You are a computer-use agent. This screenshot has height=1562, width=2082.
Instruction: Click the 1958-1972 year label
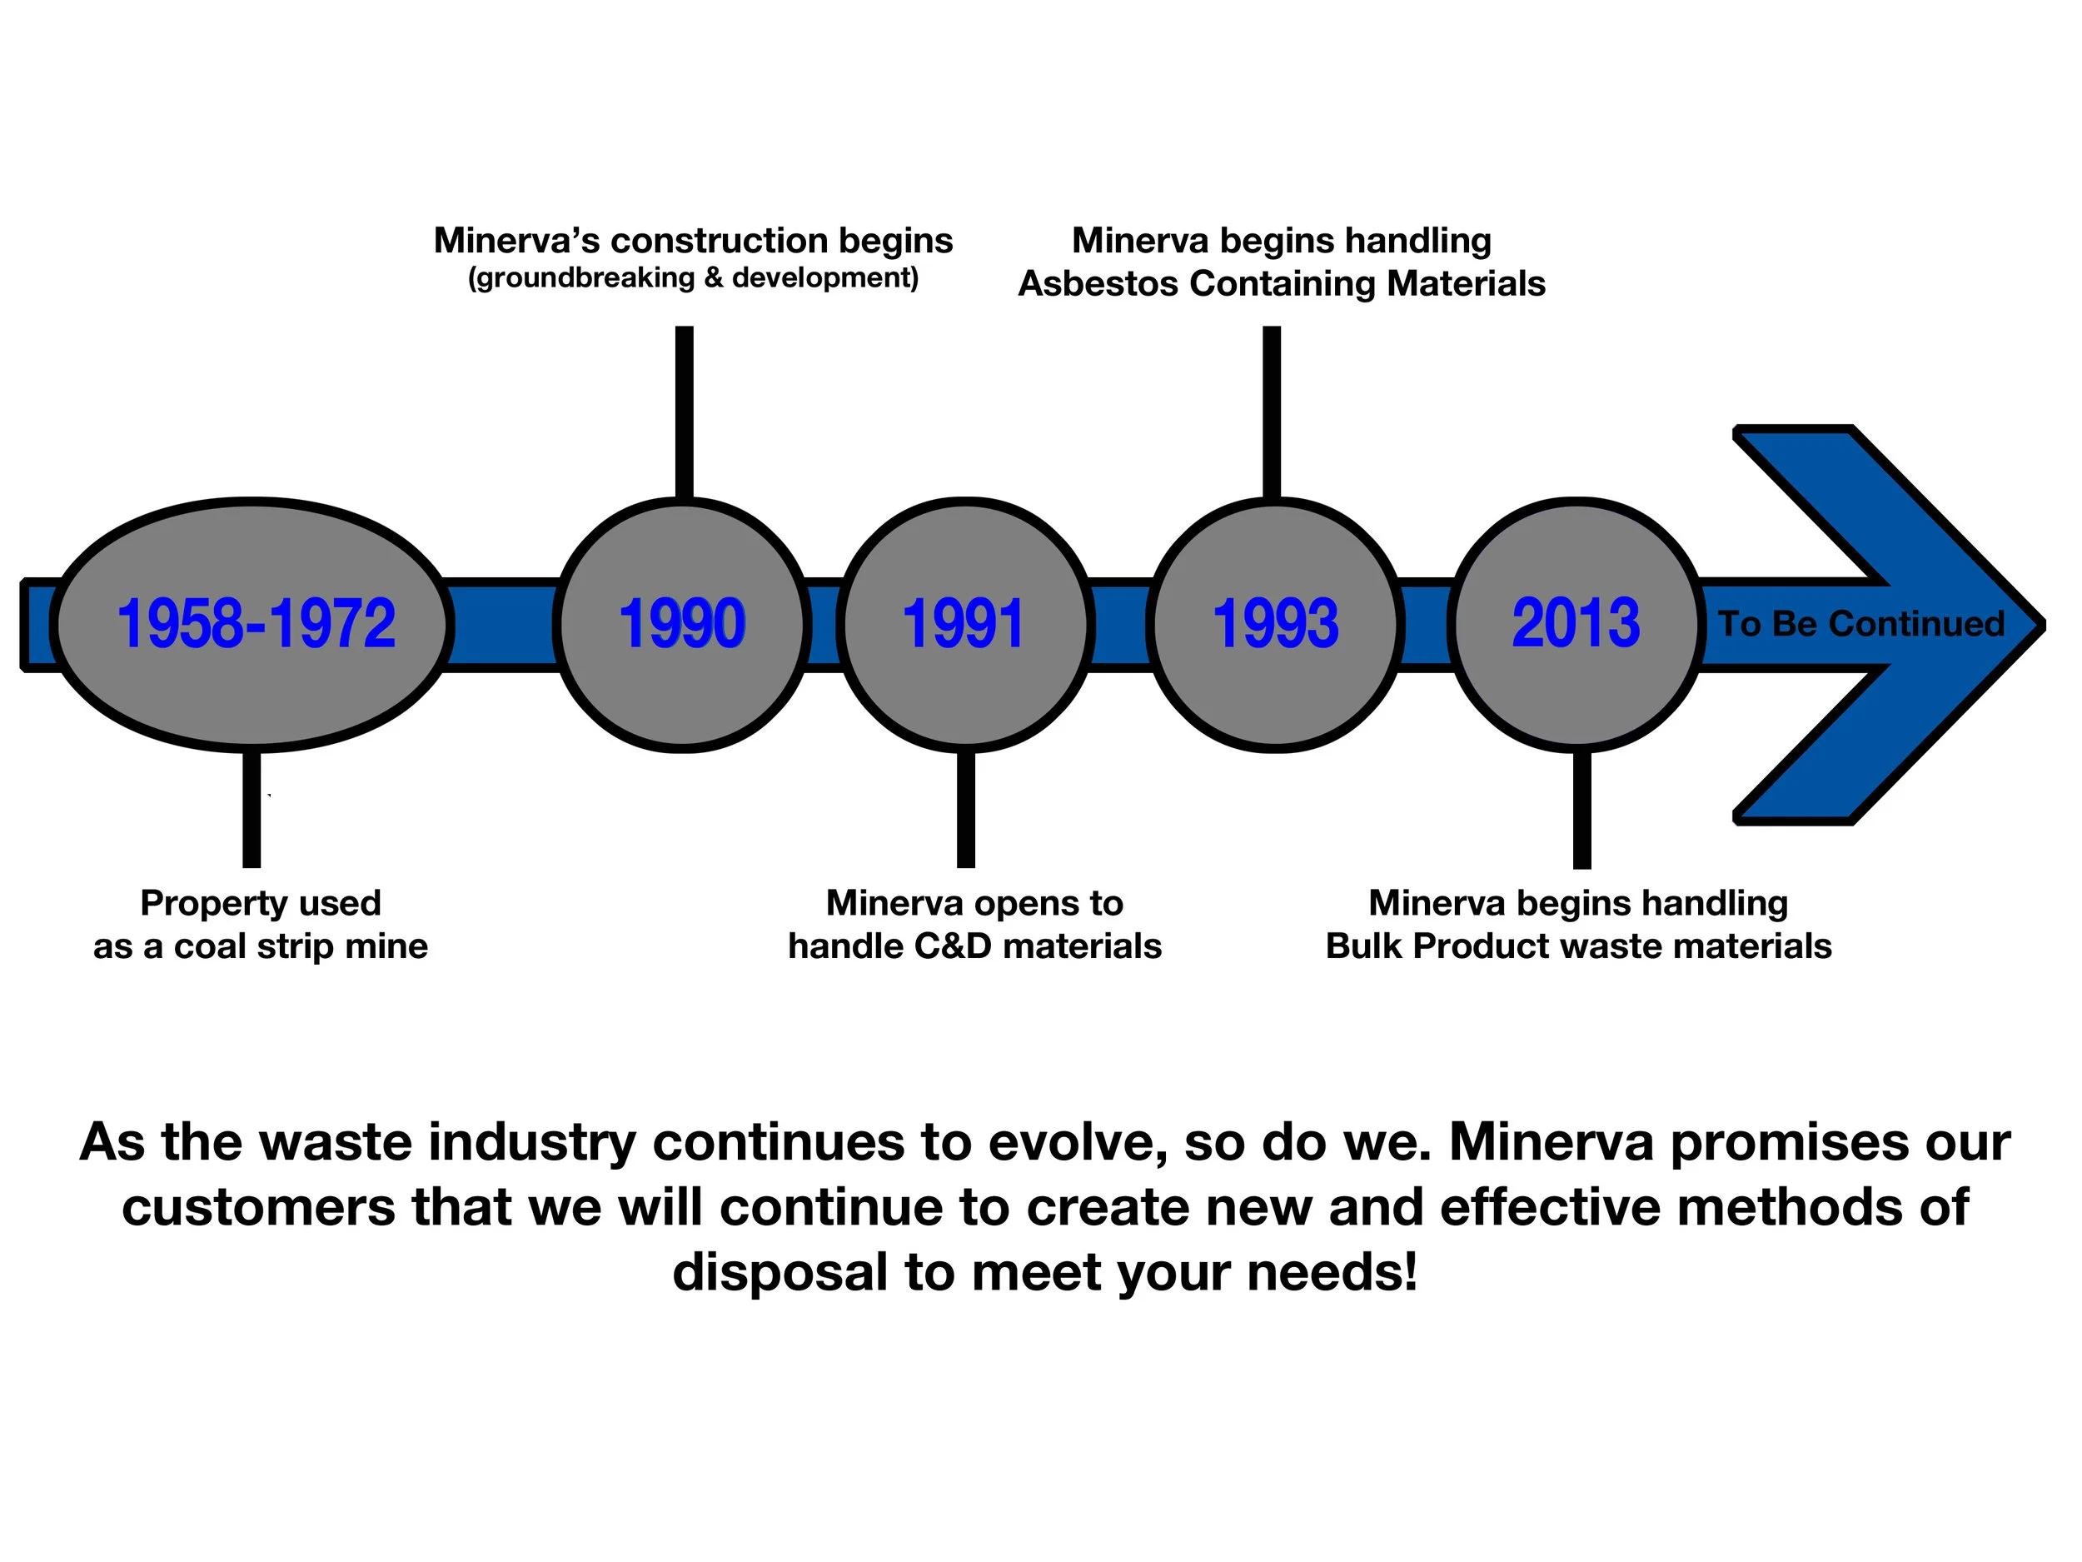[x=256, y=623]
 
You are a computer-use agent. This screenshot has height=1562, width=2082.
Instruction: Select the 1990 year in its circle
[x=682, y=623]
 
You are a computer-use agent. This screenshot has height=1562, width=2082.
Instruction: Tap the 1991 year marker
[x=963, y=623]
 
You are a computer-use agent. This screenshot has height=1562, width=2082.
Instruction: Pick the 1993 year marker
[x=1275, y=623]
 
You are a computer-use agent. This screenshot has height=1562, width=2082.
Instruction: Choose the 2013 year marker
[x=1576, y=623]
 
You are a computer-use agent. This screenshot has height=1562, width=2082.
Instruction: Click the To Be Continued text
[x=1860, y=623]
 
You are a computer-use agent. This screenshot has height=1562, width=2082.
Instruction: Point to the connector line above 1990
[x=685, y=410]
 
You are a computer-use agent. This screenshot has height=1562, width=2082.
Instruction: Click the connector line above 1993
[x=1272, y=410]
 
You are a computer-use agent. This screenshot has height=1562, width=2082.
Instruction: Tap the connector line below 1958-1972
[x=252, y=810]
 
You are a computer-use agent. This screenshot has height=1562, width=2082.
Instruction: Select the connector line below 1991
[x=966, y=810]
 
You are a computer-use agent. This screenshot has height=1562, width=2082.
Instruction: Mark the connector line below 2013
[x=1582, y=810]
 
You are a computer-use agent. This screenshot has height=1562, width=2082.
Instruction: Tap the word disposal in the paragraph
[x=780, y=1272]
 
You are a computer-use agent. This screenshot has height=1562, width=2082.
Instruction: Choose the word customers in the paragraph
[x=258, y=1207]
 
